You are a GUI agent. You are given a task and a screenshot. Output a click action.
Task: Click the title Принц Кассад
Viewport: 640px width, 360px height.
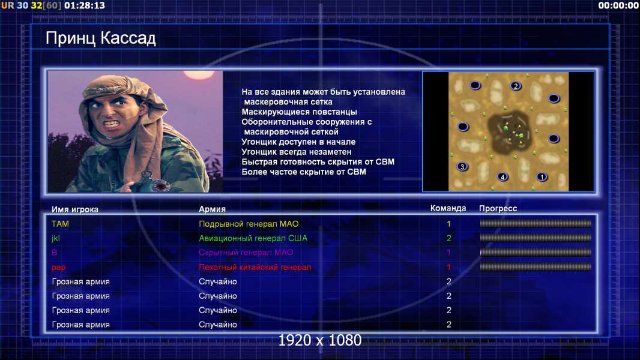[100, 38]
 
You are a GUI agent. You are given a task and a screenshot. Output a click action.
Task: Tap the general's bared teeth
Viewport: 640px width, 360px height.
[111, 123]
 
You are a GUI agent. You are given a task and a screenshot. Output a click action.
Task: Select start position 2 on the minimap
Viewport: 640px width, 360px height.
[516, 86]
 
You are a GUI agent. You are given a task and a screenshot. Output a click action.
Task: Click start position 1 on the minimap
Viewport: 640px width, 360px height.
[542, 177]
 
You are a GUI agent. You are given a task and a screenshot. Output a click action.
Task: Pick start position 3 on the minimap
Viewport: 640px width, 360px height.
[462, 166]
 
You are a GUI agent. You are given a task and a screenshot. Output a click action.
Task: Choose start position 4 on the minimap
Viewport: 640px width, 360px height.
[503, 176]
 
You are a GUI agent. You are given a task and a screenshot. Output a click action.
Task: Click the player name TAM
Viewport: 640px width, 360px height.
[60, 224]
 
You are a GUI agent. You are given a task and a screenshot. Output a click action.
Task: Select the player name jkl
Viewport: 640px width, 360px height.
[55, 239]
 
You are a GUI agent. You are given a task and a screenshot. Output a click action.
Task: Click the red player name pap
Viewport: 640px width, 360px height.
[58, 268]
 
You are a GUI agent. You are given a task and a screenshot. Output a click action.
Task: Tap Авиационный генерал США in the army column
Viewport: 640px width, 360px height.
[253, 238]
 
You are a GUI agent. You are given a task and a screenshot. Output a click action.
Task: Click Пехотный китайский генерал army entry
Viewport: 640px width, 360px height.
[255, 267]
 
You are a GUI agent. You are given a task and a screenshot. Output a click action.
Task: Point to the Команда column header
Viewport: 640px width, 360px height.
[448, 208]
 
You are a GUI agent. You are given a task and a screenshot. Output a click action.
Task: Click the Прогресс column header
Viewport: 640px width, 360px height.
[498, 209]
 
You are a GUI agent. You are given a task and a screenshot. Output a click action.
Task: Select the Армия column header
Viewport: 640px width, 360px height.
[213, 209]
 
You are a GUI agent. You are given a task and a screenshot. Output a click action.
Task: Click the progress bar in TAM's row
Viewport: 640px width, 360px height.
[536, 223]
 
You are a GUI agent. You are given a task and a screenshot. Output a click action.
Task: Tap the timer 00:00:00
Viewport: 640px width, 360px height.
[618, 6]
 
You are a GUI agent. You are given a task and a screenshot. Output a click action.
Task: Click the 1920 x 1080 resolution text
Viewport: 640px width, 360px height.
[319, 340]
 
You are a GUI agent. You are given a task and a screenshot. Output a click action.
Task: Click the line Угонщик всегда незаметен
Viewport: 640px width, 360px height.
[297, 152]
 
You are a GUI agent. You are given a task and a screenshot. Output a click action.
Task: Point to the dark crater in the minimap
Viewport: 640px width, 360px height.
[509, 130]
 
